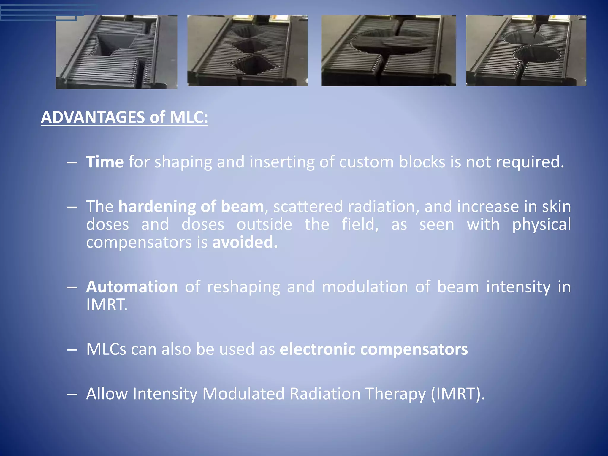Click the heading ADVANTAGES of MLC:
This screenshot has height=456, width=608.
124,117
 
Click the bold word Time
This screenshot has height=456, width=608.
105,162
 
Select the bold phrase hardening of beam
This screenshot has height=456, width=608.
191,207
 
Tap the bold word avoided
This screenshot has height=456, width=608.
245,242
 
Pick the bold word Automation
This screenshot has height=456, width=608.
132,287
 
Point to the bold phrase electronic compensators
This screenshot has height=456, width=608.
374,349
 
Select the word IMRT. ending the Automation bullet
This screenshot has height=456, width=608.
107,305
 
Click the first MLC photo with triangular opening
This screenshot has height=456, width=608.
116,52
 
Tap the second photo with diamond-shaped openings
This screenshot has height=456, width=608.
247,50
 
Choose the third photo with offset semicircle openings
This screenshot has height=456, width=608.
388,50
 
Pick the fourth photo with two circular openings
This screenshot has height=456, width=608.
526,50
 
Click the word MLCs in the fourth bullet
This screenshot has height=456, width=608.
106,349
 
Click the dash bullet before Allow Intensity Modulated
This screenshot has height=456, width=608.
72,394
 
